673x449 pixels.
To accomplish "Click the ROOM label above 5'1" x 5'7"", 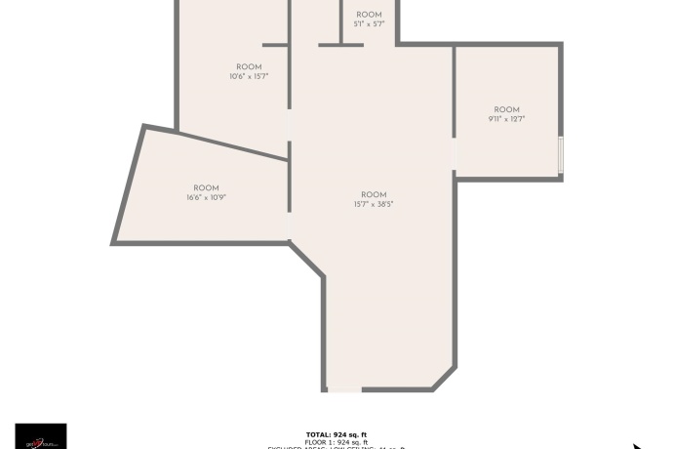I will (369, 15).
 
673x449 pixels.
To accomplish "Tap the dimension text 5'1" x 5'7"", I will (369, 23).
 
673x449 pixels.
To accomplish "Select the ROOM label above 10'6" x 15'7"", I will (249, 67).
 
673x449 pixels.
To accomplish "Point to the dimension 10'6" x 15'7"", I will (249, 76).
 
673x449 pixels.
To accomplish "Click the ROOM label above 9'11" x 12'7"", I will (506, 110).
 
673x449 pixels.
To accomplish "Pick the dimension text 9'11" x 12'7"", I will (506, 119).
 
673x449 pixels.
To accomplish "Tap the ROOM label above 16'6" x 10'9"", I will (206, 188).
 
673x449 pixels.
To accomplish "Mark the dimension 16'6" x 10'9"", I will (206, 197).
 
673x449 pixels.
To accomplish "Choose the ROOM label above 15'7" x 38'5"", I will (374, 195).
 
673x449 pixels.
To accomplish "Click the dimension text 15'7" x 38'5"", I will (374, 204).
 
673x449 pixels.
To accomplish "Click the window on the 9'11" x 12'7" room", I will (561, 154).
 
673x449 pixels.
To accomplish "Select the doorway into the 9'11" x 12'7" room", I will (455, 154).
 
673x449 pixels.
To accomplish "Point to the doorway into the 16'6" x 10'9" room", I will (289, 225).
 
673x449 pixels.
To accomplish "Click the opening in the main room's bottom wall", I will (343, 390).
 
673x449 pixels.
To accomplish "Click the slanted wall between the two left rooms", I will (217, 142).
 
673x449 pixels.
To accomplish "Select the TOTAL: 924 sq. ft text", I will (336, 434).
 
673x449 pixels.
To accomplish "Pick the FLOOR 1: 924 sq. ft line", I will (336, 442).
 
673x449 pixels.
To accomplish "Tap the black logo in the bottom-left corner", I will (41, 436).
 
